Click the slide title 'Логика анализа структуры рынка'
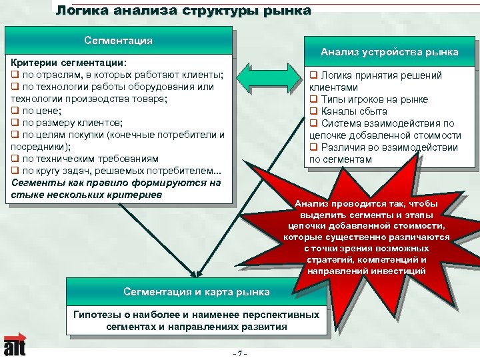(183, 11)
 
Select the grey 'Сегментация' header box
(118, 41)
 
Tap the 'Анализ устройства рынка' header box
(389, 52)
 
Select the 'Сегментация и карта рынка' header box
(197, 292)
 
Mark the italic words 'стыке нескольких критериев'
(86, 195)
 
